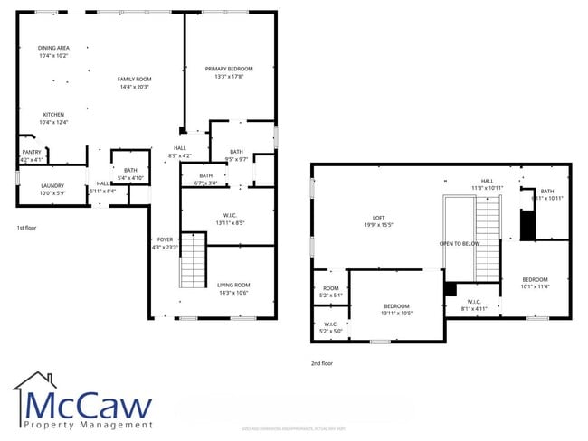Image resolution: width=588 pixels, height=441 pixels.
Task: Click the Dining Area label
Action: [53, 52]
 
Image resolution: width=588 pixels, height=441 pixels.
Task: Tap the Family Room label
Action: [133, 83]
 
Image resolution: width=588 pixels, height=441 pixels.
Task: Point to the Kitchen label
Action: [54, 118]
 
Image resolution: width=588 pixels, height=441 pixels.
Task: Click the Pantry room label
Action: [32, 155]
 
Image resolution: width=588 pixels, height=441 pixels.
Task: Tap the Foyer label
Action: [165, 242]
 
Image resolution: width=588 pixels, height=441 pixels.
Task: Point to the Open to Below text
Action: [460, 244]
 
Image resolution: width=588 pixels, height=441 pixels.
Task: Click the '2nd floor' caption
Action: [322, 363]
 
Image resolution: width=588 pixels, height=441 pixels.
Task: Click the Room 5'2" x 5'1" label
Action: [331, 292]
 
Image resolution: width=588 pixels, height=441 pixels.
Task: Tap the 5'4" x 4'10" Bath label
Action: [130, 174]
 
